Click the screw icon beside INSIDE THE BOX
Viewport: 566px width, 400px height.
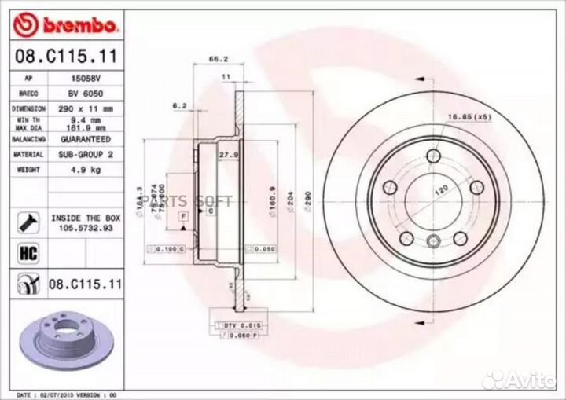click(x=23, y=222)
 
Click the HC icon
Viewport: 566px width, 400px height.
click(x=23, y=252)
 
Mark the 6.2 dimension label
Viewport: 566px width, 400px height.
click(x=178, y=105)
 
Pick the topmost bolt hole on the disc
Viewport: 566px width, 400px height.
click(x=432, y=155)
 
